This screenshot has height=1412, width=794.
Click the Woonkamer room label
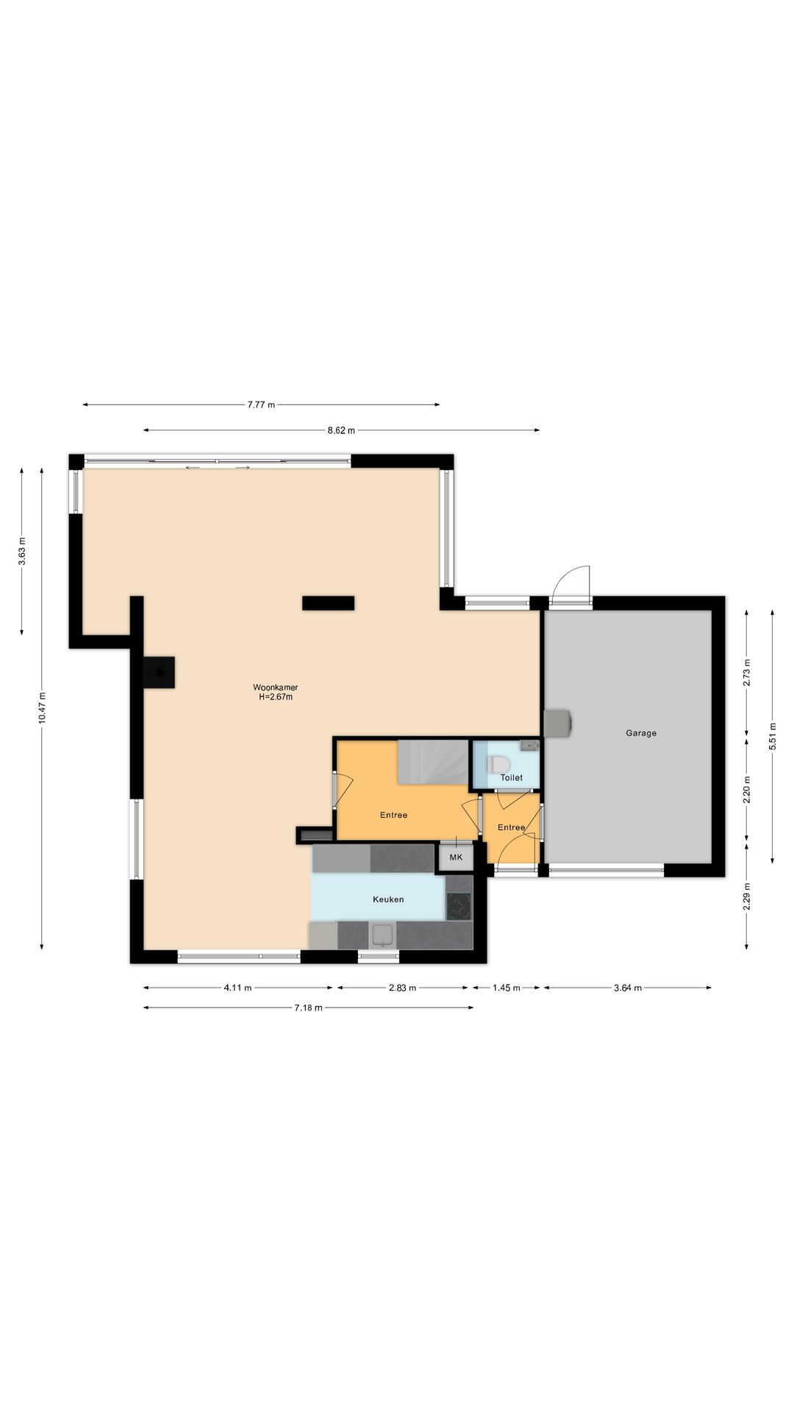pos(276,688)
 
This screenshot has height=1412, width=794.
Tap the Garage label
pos(641,732)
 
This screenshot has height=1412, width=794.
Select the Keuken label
pos(388,899)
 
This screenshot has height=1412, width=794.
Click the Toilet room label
pos(512,777)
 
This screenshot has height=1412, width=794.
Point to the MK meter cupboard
pos(456,857)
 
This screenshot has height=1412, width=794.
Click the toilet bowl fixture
pos(496,765)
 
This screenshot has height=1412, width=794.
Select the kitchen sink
pos(382,935)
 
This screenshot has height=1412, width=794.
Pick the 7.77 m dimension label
pos(261,404)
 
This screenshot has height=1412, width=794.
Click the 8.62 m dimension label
pos(341,430)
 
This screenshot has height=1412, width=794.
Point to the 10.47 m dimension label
pos(42,707)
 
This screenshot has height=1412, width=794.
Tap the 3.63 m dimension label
pos(22,552)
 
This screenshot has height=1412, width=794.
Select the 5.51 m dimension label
pos(773,735)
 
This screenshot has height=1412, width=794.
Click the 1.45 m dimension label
pos(507,988)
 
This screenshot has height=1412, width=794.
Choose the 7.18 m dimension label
pos(308,1008)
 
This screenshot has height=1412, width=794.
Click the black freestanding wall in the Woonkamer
pos(328,603)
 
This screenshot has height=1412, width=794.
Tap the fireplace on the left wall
pos(159,671)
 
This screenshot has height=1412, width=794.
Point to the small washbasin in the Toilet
pos(529,746)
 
